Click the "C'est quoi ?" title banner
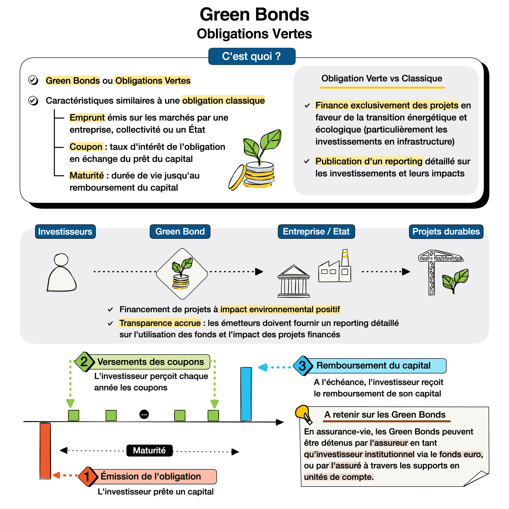pos(252,56)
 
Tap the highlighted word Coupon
pos(86,147)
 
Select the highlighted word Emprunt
pos(87,118)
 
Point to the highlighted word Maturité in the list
pos(87,175)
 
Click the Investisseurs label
pos(65,232)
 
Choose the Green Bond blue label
pos(180,232)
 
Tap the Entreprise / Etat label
pos(316,232)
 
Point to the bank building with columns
pos(294,281)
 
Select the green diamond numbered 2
pos(84,362)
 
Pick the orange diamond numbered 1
pos(87,476)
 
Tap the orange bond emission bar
pos(45,450)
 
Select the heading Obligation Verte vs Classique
pos(382,79)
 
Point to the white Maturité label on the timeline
pos(149,450)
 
